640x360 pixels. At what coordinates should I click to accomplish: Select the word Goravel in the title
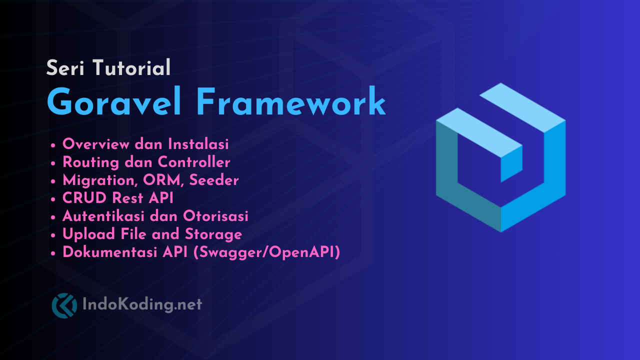click(114, 103)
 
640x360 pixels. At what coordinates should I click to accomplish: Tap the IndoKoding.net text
click(141, 304)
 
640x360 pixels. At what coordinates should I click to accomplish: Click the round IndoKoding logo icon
click(64, 305)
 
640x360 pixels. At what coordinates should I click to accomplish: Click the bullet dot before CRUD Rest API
click(53, 199)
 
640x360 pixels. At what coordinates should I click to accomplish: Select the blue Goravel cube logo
click(500, 157)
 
